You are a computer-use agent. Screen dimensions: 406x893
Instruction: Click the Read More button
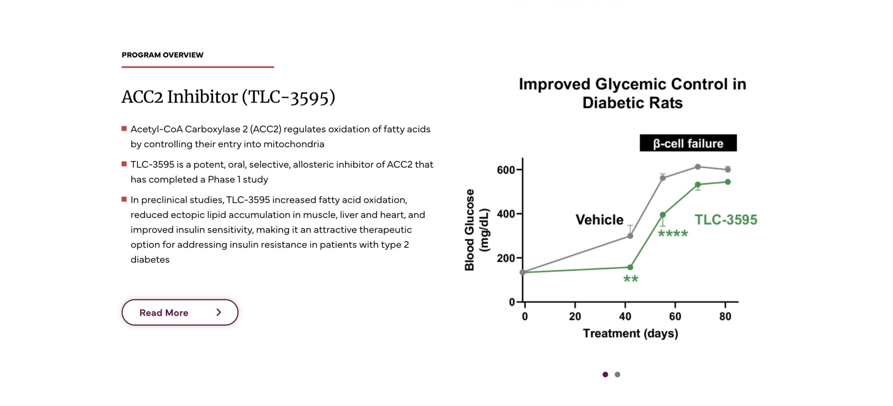(x=180, y=313)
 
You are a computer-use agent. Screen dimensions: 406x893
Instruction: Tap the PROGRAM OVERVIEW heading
(x=162, y=55)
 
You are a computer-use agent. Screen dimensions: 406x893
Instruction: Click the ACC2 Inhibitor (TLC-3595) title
(x=228, y=97)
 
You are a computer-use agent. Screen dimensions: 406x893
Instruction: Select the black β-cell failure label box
(x=688, y=143)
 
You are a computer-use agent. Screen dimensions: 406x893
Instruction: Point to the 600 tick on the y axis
(x=506, y=170)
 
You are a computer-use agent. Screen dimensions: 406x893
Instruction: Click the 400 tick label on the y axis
(x=506, y=214)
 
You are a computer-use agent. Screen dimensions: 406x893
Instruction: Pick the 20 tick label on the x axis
(x=575, y=317)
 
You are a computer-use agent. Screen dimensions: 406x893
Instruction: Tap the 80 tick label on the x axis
(x=725, y=317)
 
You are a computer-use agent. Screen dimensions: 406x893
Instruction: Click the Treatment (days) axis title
(x=630, y=334)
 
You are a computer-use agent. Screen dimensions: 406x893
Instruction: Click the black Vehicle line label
(x=599, y=220)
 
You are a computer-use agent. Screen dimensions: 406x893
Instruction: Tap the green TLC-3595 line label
(x=726, y=220)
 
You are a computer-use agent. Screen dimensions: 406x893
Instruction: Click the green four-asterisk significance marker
(x=672, y=234)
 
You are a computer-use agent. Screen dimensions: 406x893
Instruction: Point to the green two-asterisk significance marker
(x=631, y=279)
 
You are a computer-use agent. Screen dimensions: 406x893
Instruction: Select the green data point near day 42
(x=630, y=267)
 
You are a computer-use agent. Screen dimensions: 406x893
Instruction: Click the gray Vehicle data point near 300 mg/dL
(x=630, y=236)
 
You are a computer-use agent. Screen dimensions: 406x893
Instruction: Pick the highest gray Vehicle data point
(x=698, y=167)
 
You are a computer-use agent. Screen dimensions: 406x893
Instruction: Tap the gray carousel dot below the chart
(x=617, y=375)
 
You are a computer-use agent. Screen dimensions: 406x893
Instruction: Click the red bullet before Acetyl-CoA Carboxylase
(x=124, y=129)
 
